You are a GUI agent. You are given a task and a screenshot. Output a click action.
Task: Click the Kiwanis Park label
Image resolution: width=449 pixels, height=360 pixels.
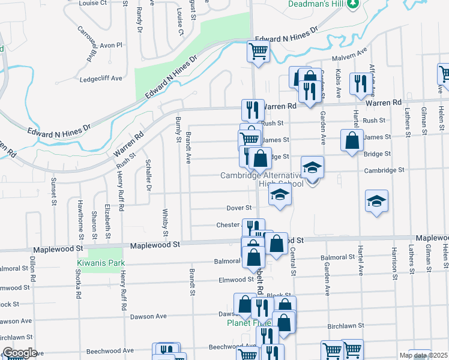[100, 263]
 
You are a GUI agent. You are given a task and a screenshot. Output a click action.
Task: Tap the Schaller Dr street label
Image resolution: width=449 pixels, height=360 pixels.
[148, 174]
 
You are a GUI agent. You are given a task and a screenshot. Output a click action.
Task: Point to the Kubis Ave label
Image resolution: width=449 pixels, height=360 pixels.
[339, 85]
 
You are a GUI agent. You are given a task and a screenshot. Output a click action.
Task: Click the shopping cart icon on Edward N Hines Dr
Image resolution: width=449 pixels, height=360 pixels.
[258, 51]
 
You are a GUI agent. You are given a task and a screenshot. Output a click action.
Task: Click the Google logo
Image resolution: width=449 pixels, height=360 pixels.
[20, 353]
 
